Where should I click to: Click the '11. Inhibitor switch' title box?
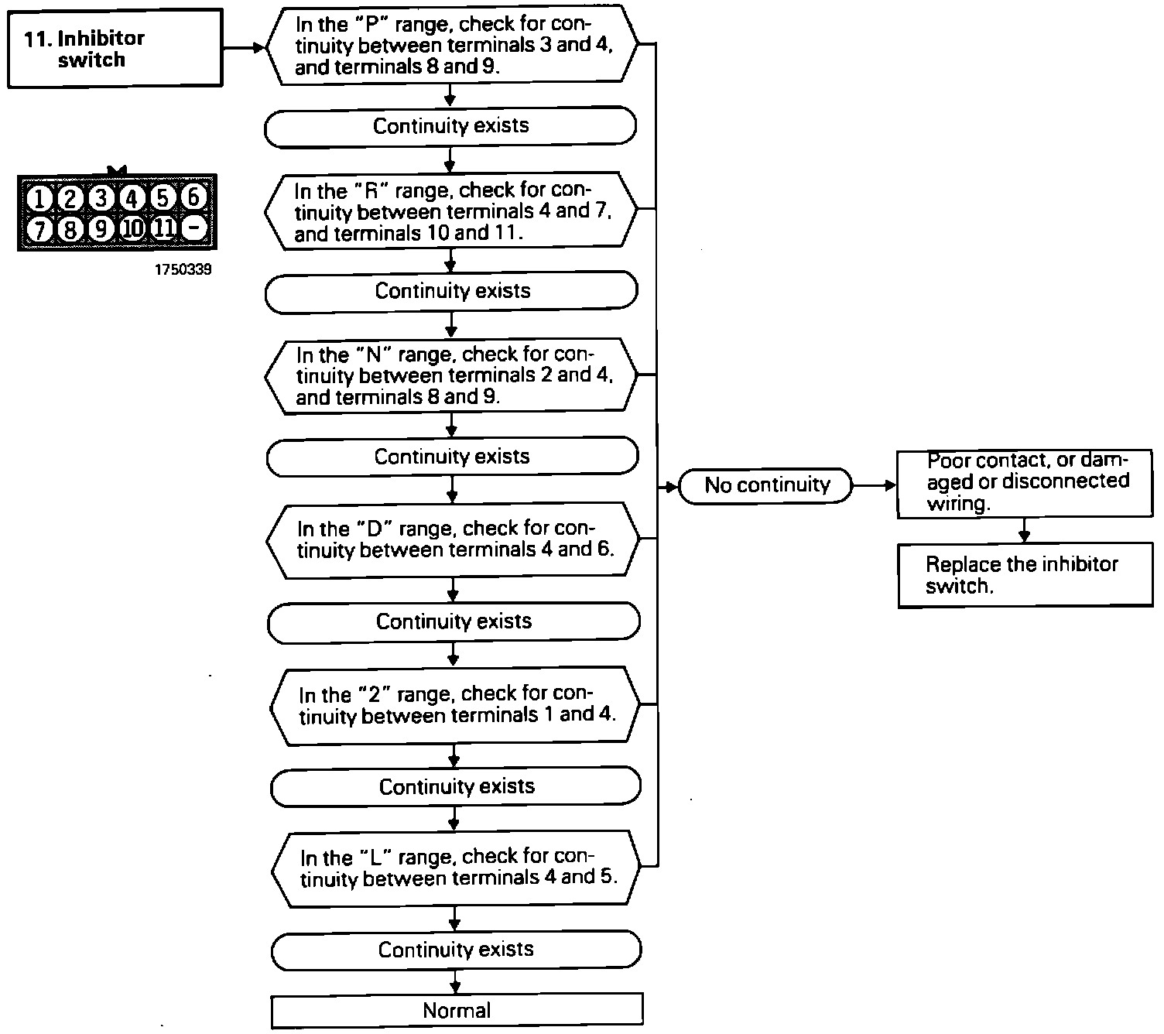[x=115, y=48]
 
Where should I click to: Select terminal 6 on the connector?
[x=193, y=197]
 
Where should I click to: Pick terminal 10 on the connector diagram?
[x=132, y=228]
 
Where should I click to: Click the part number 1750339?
[x=182, y=270]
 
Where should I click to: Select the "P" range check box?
[x=452, y=45]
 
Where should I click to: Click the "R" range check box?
[x=451, y=211]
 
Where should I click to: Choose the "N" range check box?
[x=452, y=375]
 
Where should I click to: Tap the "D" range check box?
[x=454, y=539]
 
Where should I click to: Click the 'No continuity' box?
[x=766, y=485]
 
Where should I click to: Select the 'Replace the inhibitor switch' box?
[x=1025, y=575]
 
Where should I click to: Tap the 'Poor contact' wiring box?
[x=1025, y=483]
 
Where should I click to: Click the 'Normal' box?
[x=457, y=1010]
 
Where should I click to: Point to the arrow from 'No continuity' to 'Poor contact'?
[x=875, y=485]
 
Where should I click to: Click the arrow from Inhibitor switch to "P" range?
[x=245, y=47]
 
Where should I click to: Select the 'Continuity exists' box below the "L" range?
[x=457, y=950]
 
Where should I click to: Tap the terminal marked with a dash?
[x=197, y=228]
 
